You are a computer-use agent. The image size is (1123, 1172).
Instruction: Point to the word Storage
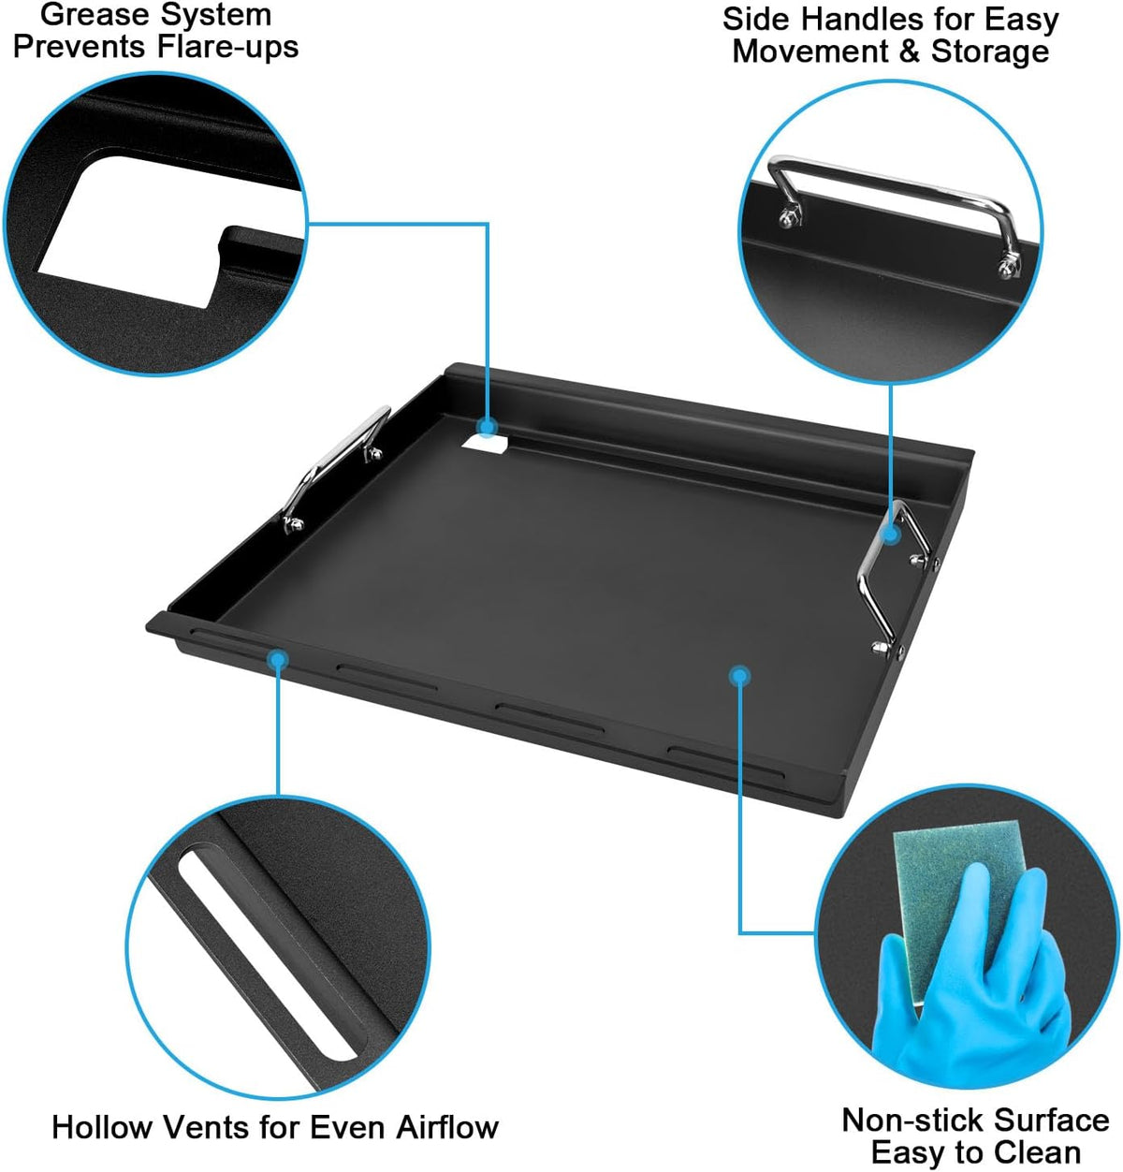pos(990,51)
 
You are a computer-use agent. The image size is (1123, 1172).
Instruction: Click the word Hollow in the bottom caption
pos(102,1127)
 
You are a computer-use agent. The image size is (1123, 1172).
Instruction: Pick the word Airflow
pos(447,1127)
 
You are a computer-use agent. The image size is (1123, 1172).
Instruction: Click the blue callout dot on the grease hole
pos(487,427)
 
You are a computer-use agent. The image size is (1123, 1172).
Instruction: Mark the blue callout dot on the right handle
pos(891,535)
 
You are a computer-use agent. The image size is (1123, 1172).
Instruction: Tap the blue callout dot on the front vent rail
pos(278,659)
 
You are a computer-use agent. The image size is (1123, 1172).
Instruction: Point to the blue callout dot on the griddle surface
pos(739,676)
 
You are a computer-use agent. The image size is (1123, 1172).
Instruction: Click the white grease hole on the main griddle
pos(487,445)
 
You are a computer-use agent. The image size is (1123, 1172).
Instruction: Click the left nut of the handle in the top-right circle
pos(789,215)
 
